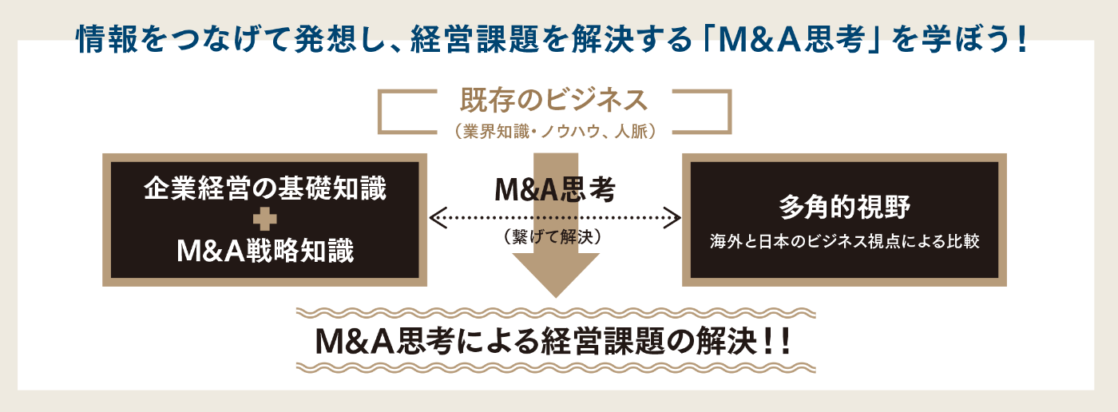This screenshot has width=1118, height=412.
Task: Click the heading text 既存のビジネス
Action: pyautogui.click(x=554, y=100)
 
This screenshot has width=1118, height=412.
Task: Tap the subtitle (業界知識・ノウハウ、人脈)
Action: pyautogui.click(x=554, y=131)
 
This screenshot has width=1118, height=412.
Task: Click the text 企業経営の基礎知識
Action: pyautogui.click(x=265, y=188)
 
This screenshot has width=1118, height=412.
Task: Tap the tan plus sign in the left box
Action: pyautogui.click(x=265, y=219)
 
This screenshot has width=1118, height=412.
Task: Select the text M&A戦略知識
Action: pyautogui.click(x=265, y=251)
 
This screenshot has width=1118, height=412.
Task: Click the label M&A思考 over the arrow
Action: pyautogui.click(x=555, y=189)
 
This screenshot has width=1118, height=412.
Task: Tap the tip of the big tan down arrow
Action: pyautogui.click(x=556, y=297)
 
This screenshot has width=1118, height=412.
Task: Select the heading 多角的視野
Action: pyautogui.click(x=845, y=207)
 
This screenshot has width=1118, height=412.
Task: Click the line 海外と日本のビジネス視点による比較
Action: pyautogui.click(x=845, y=241)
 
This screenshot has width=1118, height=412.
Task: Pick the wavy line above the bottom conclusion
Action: pyautogui.click(x=556, y=313)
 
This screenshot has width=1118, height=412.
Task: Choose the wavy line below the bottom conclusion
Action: pyautogui.click(x=556, y=368)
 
